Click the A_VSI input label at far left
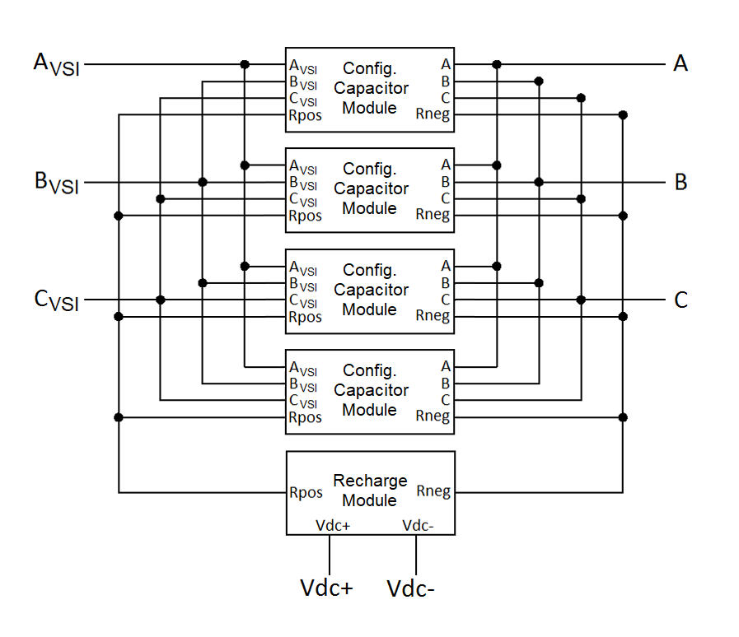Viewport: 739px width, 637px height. [57, 65]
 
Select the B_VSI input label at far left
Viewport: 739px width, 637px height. [57, 183]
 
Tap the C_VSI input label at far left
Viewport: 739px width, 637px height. [57, 300]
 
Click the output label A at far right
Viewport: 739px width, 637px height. [681, 63]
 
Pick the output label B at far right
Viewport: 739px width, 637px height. [681, 182]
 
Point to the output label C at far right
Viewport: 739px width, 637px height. [681, 300]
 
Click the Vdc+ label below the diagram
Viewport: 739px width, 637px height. [326, 588]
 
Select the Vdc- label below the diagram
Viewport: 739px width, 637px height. [411, 588]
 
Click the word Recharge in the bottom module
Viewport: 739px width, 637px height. [370, 481]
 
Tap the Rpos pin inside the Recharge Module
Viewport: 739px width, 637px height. [305, 493]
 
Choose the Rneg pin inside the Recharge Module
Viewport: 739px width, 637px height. [433, 492]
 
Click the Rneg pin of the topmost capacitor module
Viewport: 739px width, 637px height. [433, 115]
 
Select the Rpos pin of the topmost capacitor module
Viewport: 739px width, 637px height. [305, 116]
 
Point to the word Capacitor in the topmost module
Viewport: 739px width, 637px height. [371, 88]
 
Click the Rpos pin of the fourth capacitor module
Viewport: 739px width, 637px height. [305, 418]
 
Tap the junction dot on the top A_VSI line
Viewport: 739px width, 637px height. [245, 64]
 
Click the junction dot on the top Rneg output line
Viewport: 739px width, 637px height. [624, 115]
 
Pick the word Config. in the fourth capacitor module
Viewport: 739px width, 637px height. [370, 370]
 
